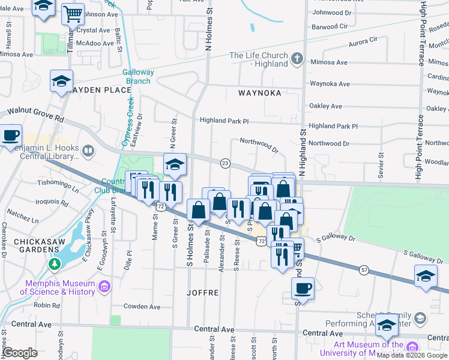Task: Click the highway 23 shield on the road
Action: [225, 163]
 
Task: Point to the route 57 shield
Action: [364, 254]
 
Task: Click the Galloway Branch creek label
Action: [139, 76]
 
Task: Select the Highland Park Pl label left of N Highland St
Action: [224, 121]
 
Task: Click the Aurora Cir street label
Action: [363, 42]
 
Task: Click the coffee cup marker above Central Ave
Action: [303, 287]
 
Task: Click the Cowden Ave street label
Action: [142, 307]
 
